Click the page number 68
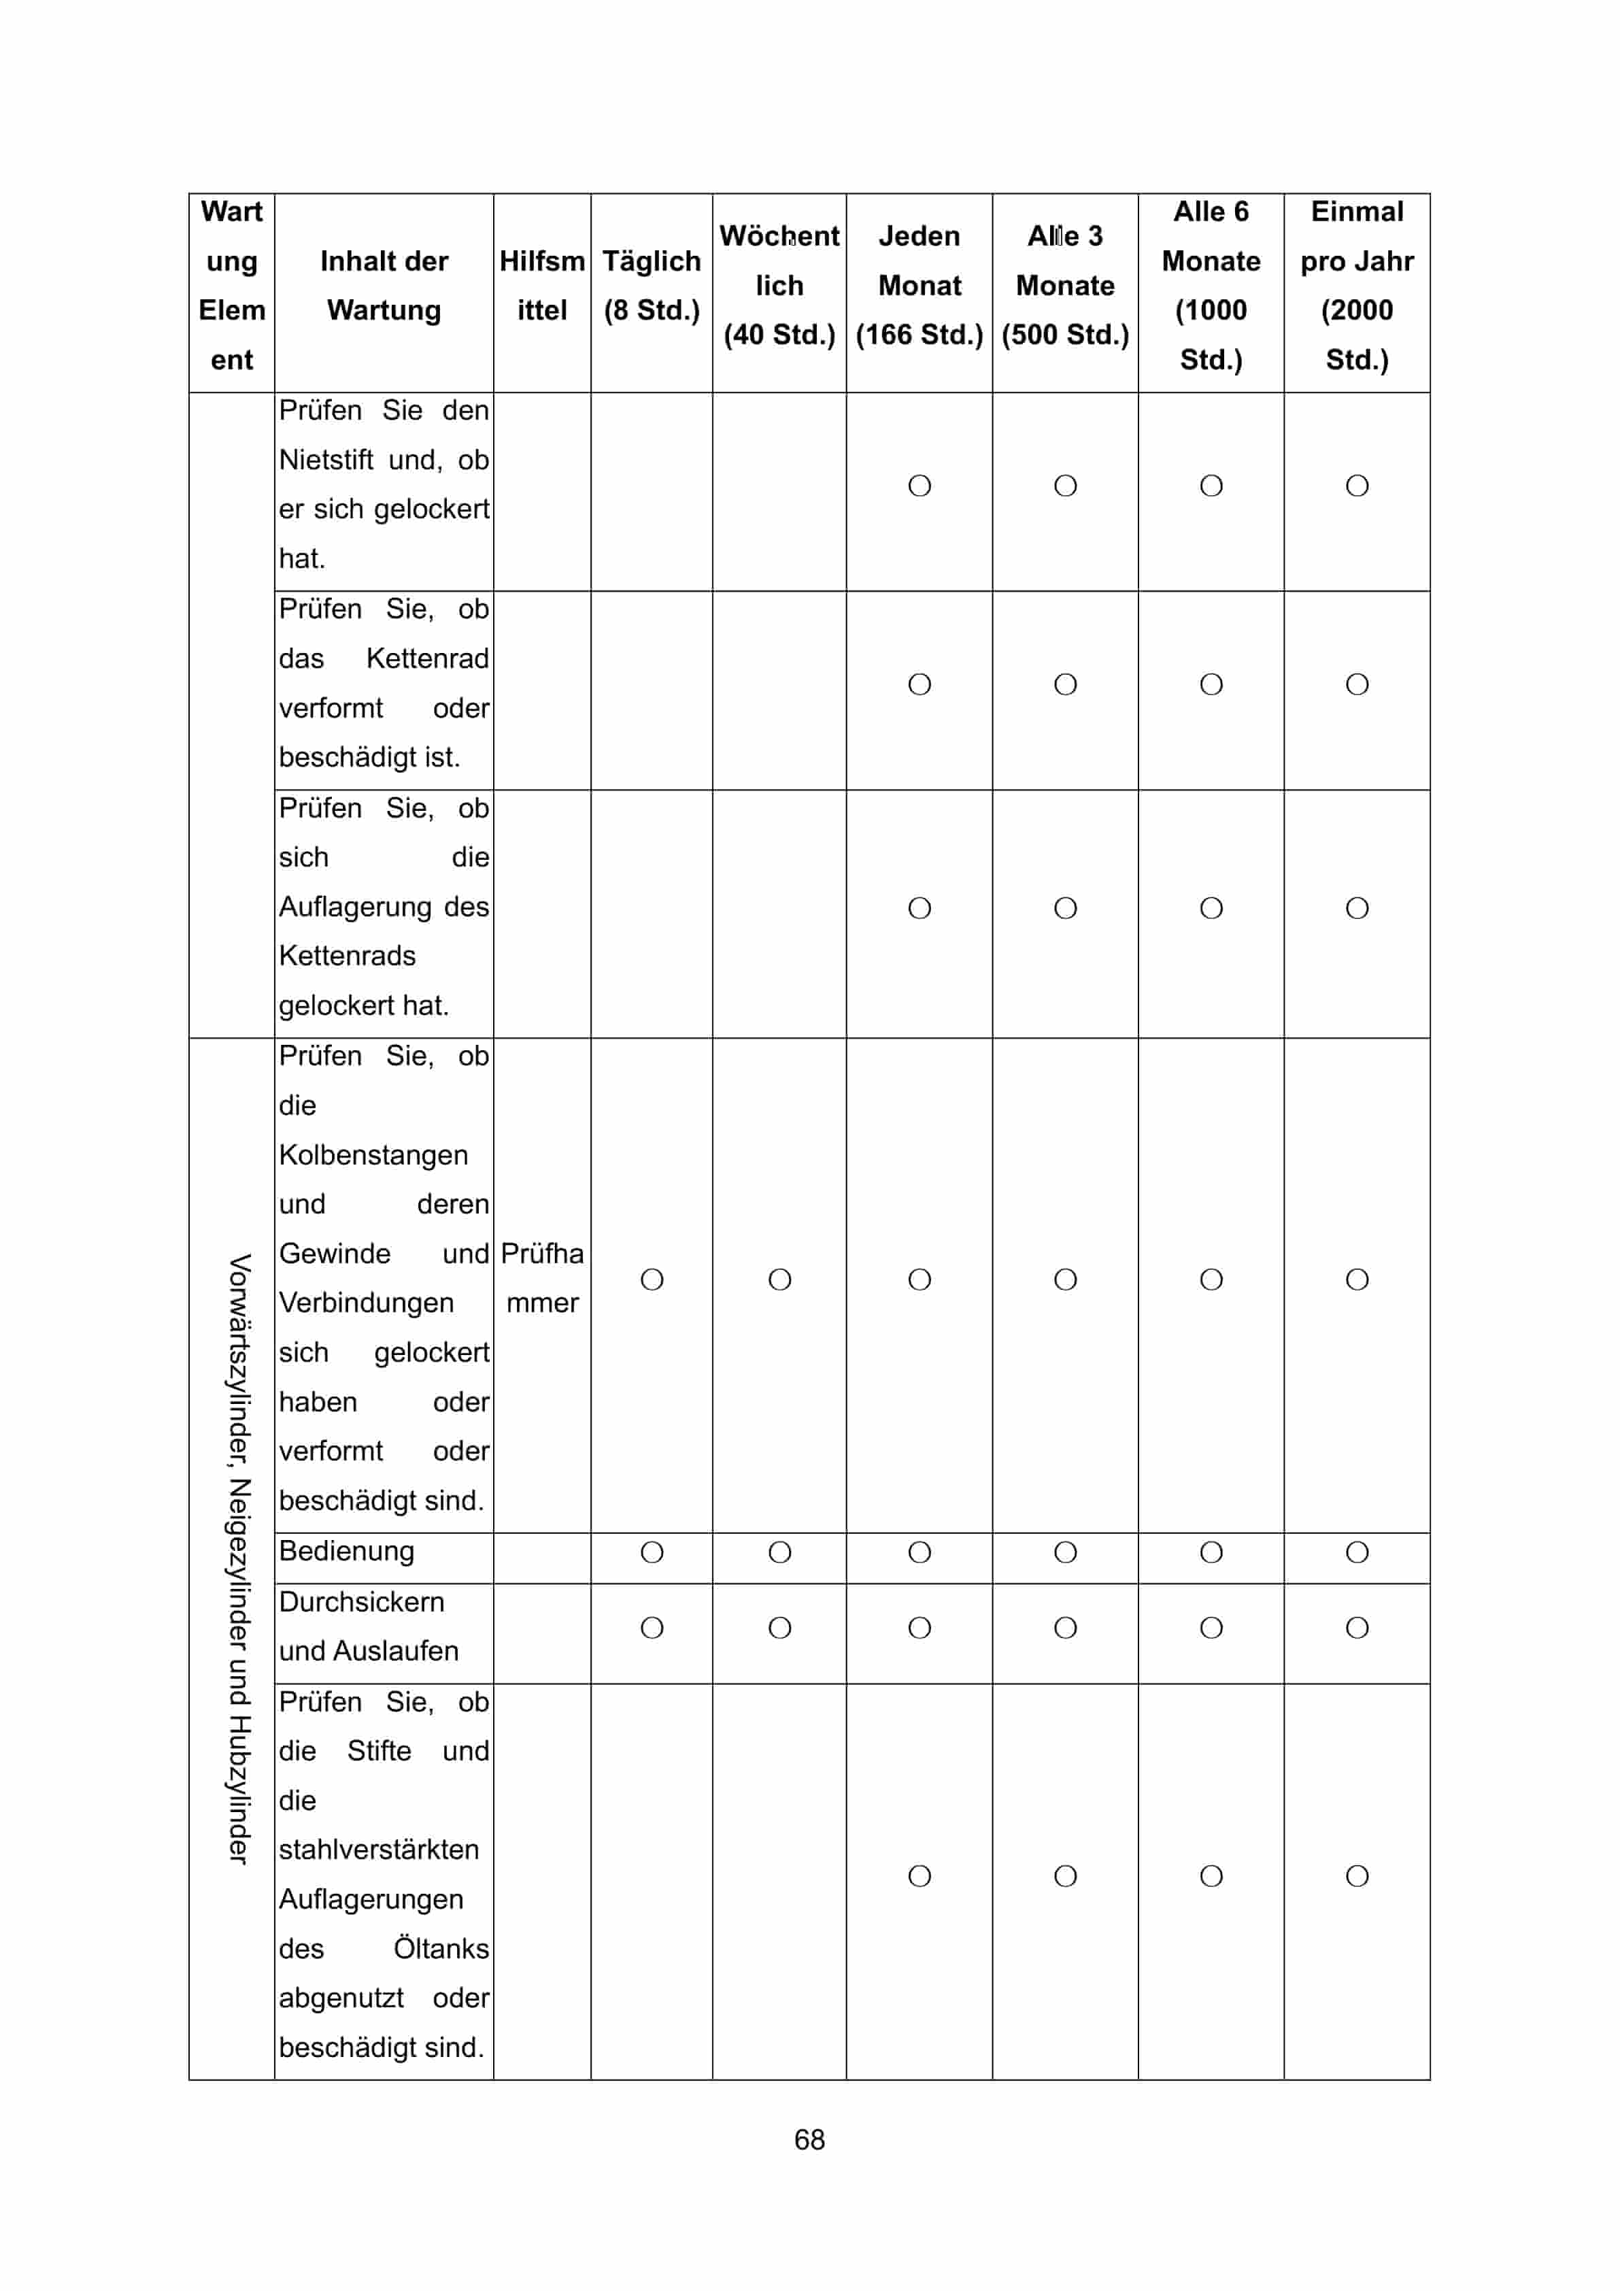click(809, 2139)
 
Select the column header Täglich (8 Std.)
click(652, 286)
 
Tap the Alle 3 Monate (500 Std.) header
click(1064, 286)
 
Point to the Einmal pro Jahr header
click(1357, 286)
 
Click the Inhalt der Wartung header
click(384, 286)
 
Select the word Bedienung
click(346, 1551)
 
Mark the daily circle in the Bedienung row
click(652, 1552)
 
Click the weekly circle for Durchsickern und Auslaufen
click(780, 1628)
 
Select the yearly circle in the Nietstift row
click(1357, 486)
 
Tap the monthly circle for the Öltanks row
click(919, 1876)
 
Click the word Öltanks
click(441, 1949)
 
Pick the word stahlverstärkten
click(379, 1850)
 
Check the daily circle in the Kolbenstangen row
click(652, 1280)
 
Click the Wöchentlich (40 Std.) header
click(779, 286)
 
